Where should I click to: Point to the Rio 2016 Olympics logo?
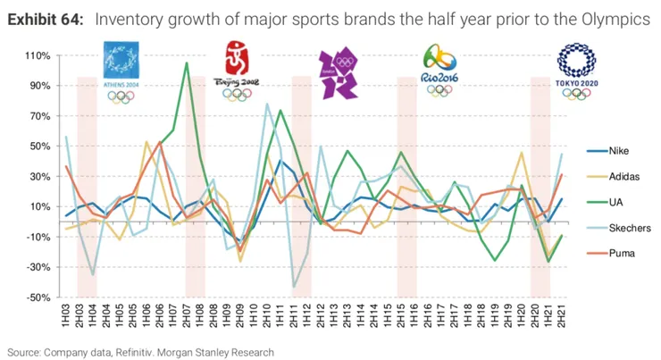[439, 71]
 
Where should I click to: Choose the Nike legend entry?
[607, 151]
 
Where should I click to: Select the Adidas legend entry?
[611, 177]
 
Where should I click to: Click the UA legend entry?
[605, 203]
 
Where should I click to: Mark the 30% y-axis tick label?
[38, 176]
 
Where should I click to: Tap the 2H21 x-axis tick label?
[561, 317]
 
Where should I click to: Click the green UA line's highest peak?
[186, 63]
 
